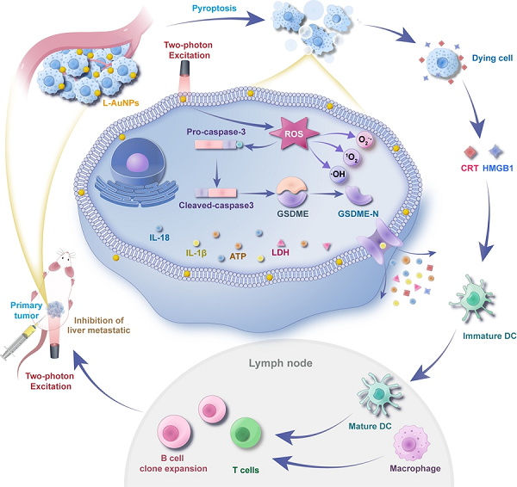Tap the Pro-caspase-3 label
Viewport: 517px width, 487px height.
pyautogui.click(x=223, y=132)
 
